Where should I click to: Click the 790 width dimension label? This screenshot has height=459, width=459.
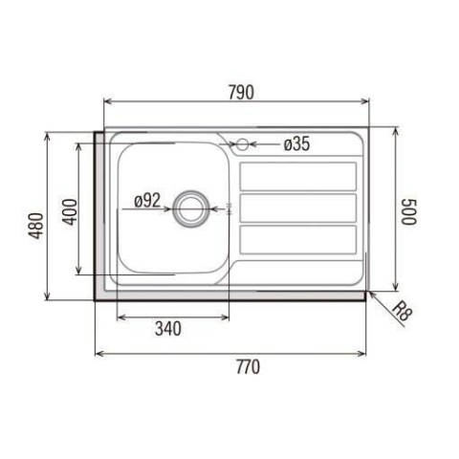click(241, 93)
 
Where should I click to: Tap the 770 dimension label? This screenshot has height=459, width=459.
click(248, 367)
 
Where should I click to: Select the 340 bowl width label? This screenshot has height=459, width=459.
click(168, 329)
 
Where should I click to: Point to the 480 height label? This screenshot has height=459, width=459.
click(36, 226)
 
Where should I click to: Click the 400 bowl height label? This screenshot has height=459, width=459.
click(70, 211)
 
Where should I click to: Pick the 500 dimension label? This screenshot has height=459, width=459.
click(408, 212)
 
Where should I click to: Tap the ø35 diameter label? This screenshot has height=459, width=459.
click(296, 143)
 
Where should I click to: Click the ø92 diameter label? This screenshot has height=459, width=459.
click(147, 201)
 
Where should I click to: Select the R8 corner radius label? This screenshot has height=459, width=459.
click(402, 312)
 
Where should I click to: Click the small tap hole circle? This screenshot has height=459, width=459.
click(242, 144)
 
